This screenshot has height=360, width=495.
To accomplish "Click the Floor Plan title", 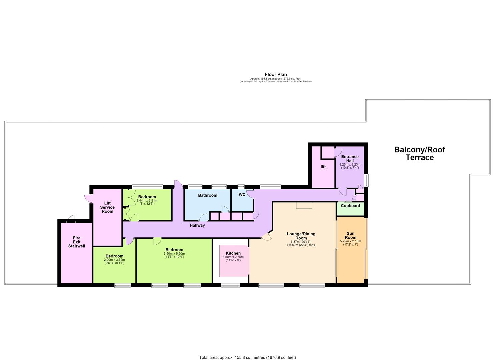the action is (x=276, y=74).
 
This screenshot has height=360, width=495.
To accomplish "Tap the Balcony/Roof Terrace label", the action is (x=420, y=154).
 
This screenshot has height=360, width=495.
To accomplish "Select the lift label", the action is (x=323, y=167).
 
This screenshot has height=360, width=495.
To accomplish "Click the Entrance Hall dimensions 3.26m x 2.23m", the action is (x=350, y=164).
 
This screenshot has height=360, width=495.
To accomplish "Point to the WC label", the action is (x=242, y=195).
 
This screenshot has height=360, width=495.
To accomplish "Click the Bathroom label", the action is (x=208, y=195).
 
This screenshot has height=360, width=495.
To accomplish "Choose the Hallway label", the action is (x=197, y=225).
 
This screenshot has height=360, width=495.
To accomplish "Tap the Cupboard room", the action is (x=350, y=209).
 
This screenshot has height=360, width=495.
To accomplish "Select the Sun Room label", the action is (x=350, y=235).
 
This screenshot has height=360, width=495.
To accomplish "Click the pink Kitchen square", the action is (x=234, y=261).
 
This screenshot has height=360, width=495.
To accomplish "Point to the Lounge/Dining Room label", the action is (x=301, y=236).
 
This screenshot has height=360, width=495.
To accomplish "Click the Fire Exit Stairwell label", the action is (x=76, y=242).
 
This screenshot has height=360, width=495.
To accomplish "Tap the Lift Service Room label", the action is (x=107, y=207).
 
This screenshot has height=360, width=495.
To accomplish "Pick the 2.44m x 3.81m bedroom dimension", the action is (x=147, y=201).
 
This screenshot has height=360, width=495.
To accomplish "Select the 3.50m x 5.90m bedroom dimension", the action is (x=174, y=254).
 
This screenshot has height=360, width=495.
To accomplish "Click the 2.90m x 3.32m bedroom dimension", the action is (x=114, y=260).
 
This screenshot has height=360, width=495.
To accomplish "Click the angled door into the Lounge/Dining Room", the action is (x=266, y=236).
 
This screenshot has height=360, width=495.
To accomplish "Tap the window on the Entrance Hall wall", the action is (x=366, y=180).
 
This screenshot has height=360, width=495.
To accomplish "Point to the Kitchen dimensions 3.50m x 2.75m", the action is (x=233, y=257).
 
